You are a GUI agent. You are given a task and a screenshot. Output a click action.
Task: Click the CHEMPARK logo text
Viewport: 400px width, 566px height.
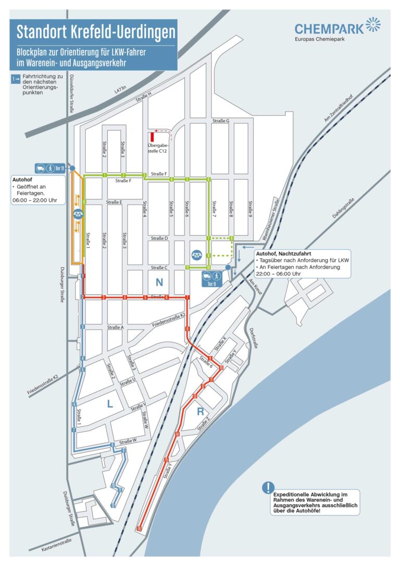point(330,28)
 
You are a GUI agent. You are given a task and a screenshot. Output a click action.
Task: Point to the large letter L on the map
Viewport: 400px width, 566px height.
point(110,403)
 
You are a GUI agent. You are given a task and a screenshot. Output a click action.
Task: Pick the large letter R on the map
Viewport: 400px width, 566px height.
point(201,411)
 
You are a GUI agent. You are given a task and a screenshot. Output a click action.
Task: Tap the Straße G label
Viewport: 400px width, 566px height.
point(221,121)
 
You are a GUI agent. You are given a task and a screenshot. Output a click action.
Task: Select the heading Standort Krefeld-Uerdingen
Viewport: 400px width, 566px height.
point(95,32)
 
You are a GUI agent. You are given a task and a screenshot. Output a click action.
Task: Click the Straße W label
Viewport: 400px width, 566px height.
point(128,442)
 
